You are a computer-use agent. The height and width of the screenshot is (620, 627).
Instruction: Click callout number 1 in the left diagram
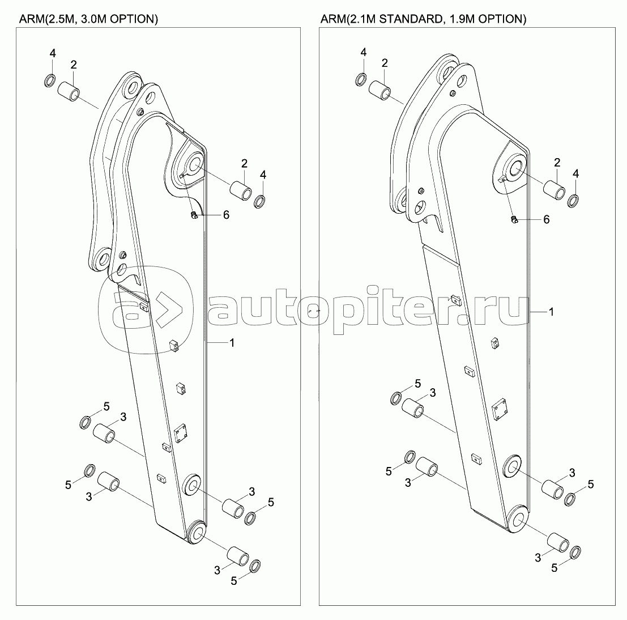[x=231, y=342]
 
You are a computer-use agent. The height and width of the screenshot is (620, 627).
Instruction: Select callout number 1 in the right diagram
[x=552, y=312]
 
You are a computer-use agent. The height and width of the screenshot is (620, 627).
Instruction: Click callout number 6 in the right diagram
[x=546, y=219]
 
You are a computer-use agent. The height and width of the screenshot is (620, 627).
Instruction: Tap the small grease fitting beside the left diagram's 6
[x=193, y=215]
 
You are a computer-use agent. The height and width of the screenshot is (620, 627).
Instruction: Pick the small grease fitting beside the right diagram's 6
[x=513, y=219]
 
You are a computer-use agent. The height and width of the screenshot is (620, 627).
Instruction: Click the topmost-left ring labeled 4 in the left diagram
[x=50, y=80]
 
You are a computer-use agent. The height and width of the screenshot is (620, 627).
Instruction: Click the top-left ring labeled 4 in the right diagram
[x=361, y=79]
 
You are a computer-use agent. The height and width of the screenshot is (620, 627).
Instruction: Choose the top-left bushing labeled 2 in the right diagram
[x=380, y=90]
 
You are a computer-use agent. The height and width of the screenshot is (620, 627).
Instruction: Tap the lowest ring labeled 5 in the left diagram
[x=254, y=565]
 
